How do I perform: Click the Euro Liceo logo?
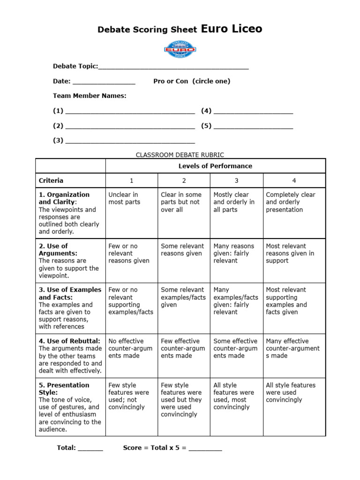point(180,49)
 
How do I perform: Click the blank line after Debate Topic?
point(173,68)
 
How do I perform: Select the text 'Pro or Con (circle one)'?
point(192,81)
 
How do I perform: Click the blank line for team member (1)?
point(130,112)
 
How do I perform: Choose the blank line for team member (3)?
point(130,142)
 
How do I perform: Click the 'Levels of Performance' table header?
point(215,166)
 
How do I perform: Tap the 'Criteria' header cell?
point(51,180)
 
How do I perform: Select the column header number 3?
point(236,180)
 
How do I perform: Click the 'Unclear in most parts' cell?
point(124,198)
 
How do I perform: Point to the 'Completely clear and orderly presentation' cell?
point(291,202)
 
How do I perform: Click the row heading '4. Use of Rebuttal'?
point(69,341)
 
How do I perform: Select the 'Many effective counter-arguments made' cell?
point(292,348)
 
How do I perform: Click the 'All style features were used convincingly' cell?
point(291,392)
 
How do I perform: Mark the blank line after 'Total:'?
point(90,450)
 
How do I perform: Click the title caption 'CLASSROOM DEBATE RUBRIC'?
point(180,155)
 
